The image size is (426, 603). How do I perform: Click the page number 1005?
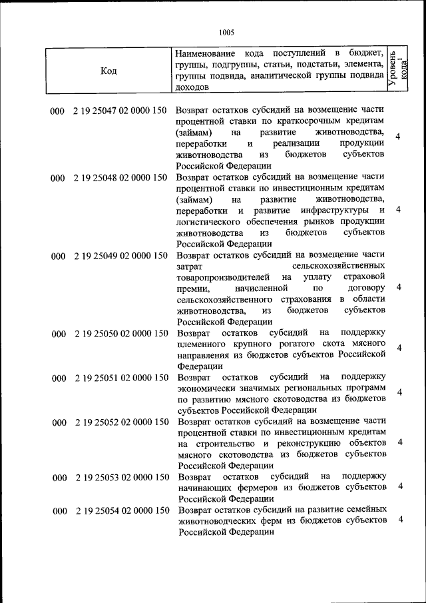(x=226, y=31)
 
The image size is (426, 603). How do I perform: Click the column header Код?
(x=108, y=72)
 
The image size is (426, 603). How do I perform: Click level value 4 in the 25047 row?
(x=397, y=137)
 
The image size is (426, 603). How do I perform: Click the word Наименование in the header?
(x=205, y=53)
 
